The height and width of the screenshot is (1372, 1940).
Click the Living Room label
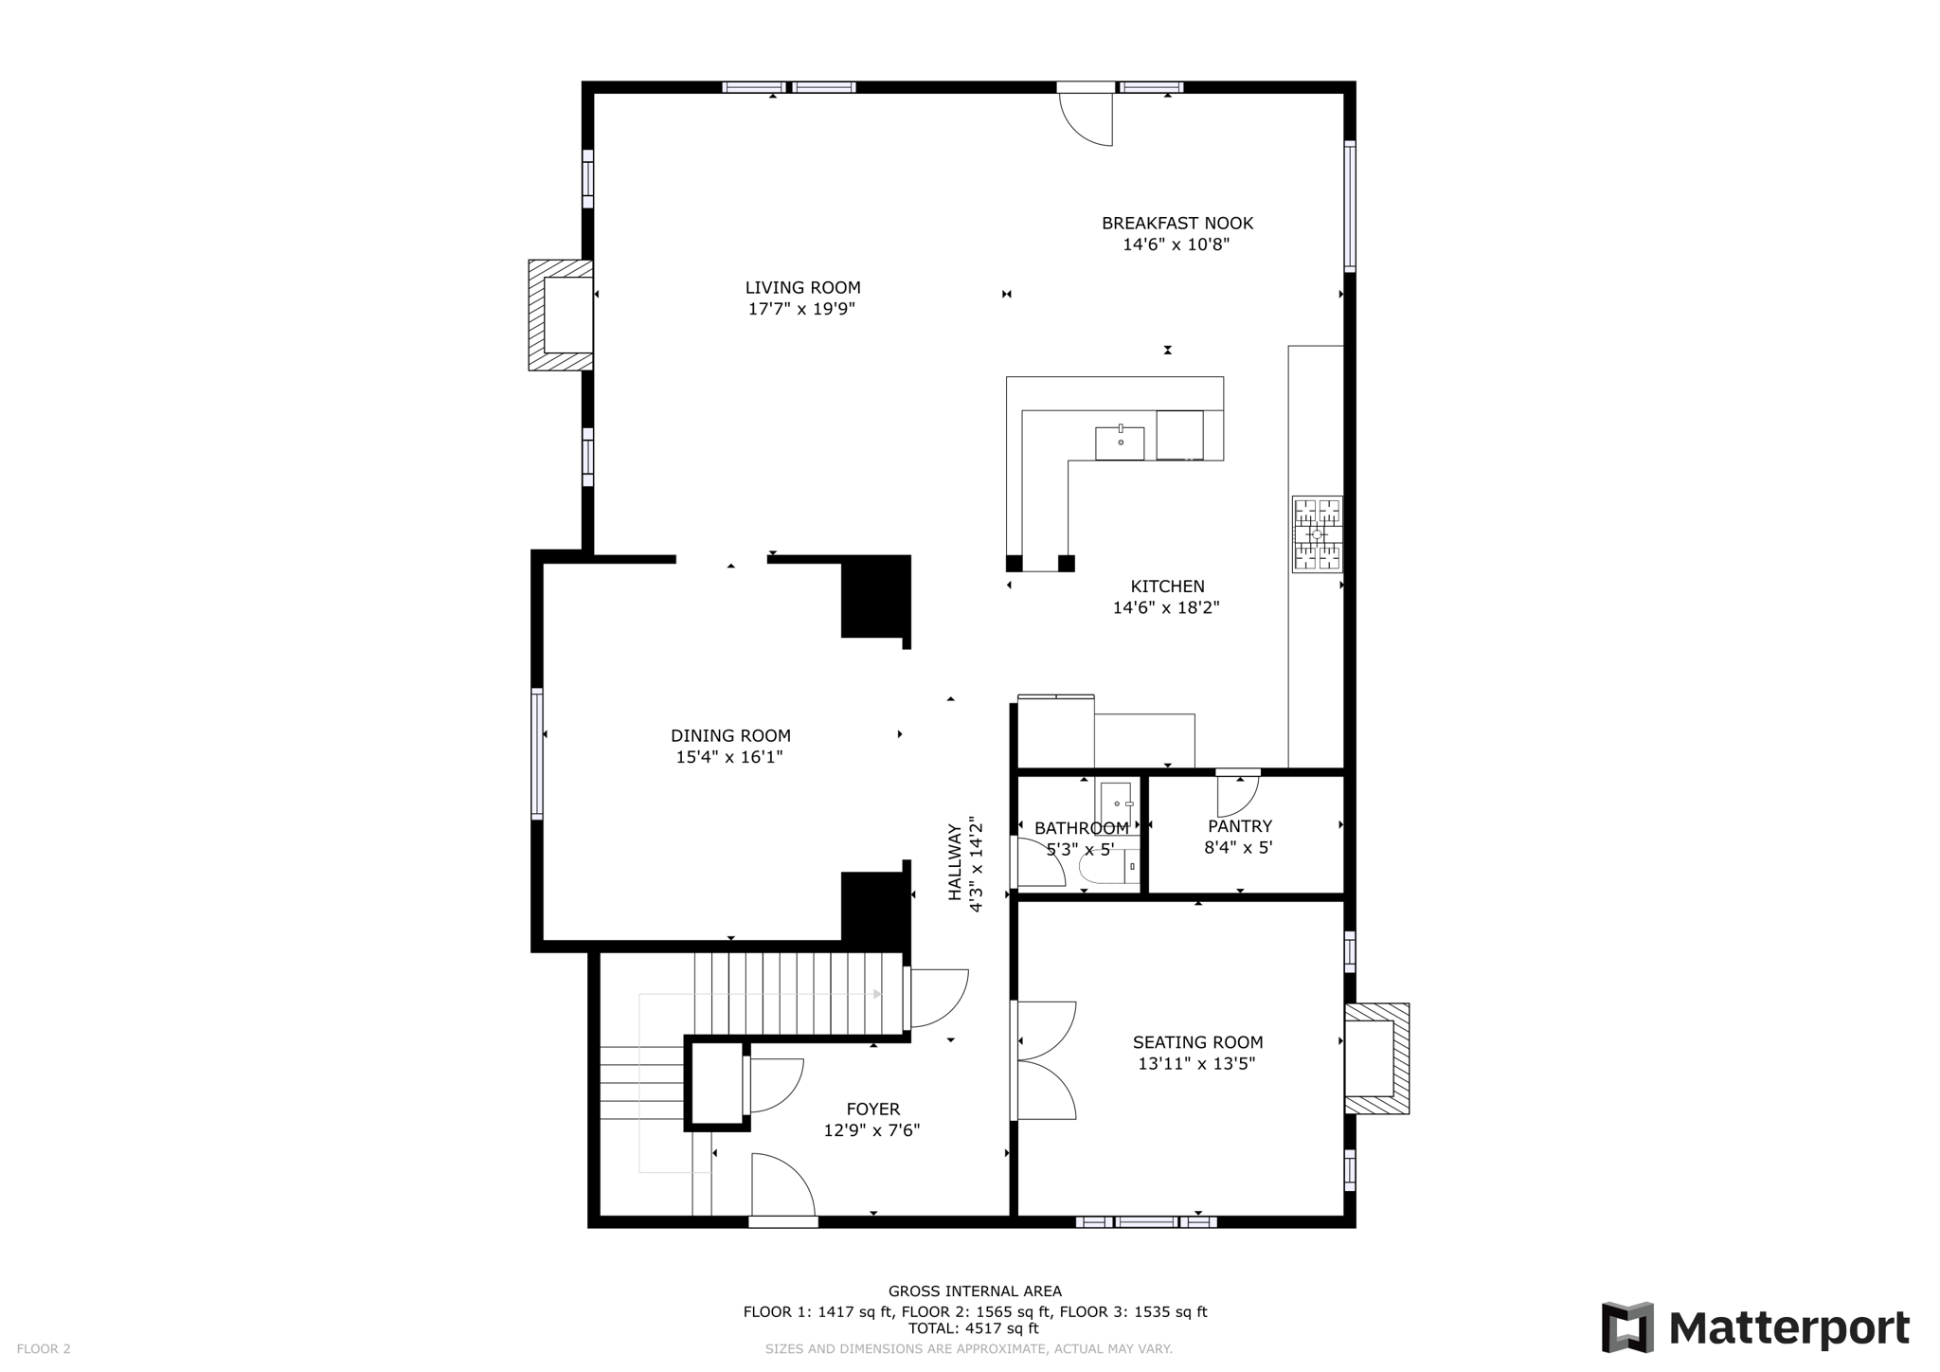point(802,288)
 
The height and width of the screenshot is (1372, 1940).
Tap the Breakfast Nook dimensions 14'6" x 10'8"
point(1176,244)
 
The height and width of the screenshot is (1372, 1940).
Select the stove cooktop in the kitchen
point(1317,534)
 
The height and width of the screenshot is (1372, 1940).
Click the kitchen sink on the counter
point(1120,443)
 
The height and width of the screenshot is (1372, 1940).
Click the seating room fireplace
point(1375,1058)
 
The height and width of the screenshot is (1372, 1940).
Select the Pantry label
point(1239,826)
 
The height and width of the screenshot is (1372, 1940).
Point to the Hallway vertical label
point(955,862)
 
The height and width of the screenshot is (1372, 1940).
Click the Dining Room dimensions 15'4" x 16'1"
point(728,757)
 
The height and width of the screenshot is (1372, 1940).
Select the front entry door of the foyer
point(782,1187)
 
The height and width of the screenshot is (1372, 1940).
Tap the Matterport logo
point(1754,1327)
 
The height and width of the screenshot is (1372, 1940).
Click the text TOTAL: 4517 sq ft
point(974,1328)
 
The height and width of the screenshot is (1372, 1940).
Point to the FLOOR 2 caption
point(44,1349)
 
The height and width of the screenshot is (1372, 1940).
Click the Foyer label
point(872,1109)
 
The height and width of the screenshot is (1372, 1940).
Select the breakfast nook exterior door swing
point(1086,117)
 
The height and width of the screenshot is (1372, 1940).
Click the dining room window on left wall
point(537,753)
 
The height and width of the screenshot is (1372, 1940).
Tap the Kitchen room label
point(1167,587)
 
